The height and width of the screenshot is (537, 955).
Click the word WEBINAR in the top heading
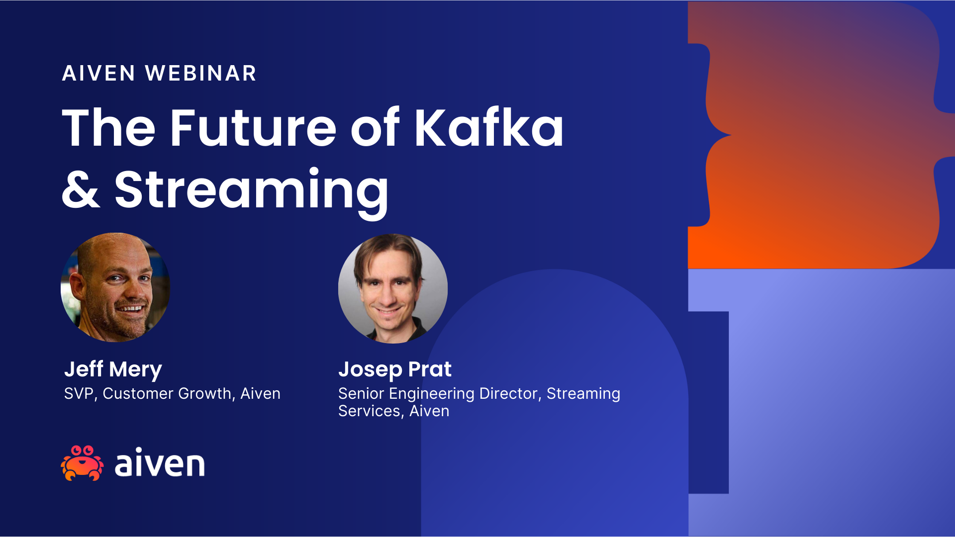coord(201,74)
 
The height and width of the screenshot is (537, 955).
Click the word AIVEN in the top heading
coord(98,74)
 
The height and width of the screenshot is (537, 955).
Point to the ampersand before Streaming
coord(81,189)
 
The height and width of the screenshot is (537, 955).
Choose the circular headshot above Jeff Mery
coord(115,287)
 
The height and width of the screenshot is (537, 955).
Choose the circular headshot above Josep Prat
coord(393,288)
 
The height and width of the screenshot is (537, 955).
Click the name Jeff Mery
coord(113,369)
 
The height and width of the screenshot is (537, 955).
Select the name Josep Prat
coord(395,369)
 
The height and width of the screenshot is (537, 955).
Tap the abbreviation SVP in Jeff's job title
coord(79,394)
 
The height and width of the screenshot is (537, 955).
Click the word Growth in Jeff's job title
coord(204,394)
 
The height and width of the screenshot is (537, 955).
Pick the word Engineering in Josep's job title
coord(431,394)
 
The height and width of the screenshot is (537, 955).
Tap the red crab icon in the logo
coord(82,463)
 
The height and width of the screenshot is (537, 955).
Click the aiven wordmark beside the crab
coord(160,463)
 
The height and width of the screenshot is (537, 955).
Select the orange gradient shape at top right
coord(816,139)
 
